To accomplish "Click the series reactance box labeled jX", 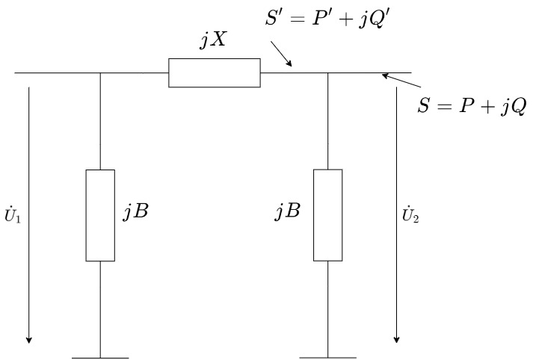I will point(215,73).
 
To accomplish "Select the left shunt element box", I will point(100,215).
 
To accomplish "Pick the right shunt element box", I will point(328,215).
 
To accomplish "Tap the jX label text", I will point(213,41).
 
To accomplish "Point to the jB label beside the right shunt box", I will point(287,211).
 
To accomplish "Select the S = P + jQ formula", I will point(472,105).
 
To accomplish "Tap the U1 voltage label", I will point(14,220).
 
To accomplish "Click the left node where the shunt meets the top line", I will point(100,73).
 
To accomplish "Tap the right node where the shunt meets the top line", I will point(328,73).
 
